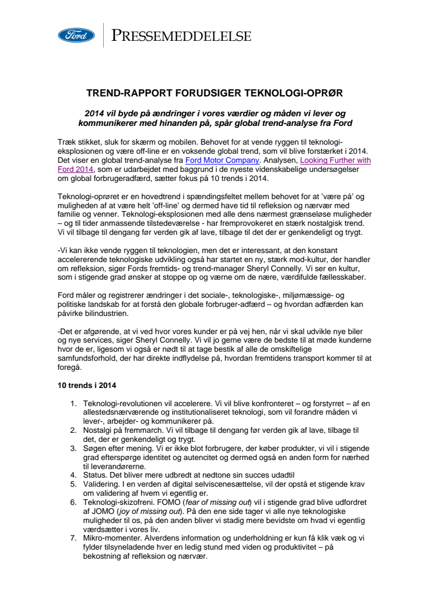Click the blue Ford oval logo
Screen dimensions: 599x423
76,36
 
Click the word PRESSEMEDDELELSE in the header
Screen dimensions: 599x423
181,36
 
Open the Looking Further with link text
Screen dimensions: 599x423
335,161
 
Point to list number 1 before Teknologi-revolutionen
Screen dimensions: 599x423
73,403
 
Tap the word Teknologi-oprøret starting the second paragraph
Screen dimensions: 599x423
91,196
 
